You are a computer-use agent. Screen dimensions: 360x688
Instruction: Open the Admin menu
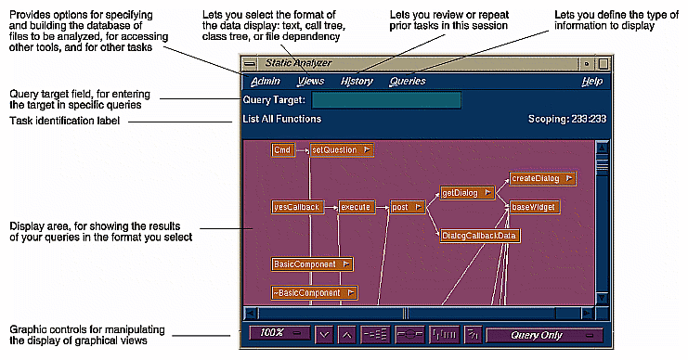click(x=265, y=82)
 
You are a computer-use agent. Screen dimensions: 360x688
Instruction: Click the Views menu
click(x=311, y=82)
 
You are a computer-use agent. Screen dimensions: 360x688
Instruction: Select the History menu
click(x=357, y=82)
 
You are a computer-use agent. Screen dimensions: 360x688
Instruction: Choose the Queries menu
click(x=408, y=82)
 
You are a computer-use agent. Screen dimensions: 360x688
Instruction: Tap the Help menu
click(x=591, y=82)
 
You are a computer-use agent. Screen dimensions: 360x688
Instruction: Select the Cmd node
click(x=283, y=149)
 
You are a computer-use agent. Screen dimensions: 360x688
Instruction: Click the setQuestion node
click(x=341, y=149)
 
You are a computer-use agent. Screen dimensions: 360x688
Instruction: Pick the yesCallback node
click(x=297, y=207)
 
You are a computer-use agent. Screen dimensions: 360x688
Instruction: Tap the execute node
click(x=357, y=207)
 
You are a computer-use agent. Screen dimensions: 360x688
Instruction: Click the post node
click(x=406, y=207)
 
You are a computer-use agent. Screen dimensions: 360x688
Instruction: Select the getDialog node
click(x=465, y=193)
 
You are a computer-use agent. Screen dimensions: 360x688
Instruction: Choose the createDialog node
click(x=541, y=178)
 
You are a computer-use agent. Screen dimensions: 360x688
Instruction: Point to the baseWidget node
click(x=534, y=207)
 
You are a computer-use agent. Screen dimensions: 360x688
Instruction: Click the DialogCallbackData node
click(x=480, y=236)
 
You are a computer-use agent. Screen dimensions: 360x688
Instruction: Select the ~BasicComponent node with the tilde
click(x=314, y=293)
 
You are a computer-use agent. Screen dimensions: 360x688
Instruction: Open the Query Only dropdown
click(x=545, y=334)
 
